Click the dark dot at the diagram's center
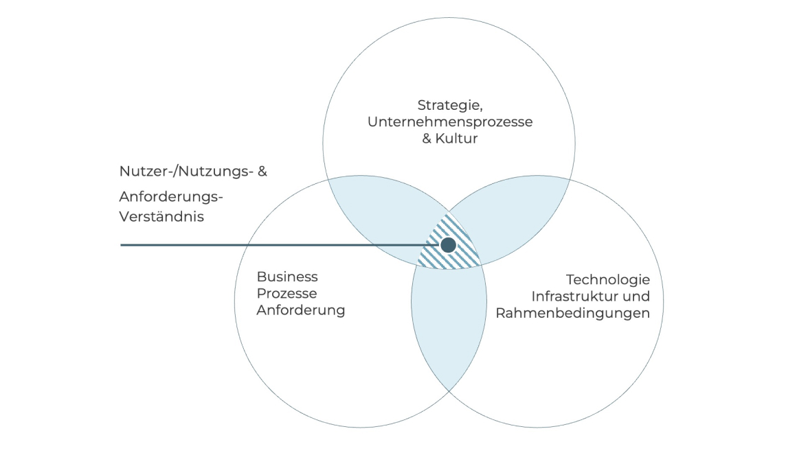(448, 244)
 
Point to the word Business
(287, 277)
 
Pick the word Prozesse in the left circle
(286, 294)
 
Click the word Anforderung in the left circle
(301, 310)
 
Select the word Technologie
(607, 280)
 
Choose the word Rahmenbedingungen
(572, 314)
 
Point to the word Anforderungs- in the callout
(172, 197)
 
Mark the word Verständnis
(162, 216)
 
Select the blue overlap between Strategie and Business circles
(371, 209)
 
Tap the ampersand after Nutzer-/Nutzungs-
(261, 172)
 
